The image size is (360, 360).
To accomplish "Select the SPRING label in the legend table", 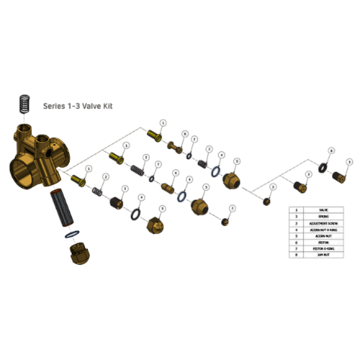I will (x=322, y=215).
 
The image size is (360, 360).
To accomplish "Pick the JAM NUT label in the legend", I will (x=322, y=255).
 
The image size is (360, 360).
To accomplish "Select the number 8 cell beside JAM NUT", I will (x=298, y=255).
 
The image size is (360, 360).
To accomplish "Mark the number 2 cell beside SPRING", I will (x=298, y=215).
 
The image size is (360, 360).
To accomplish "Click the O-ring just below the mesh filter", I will (x=71, y=235).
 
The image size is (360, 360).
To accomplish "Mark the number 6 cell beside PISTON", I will (x=298, y=242).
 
